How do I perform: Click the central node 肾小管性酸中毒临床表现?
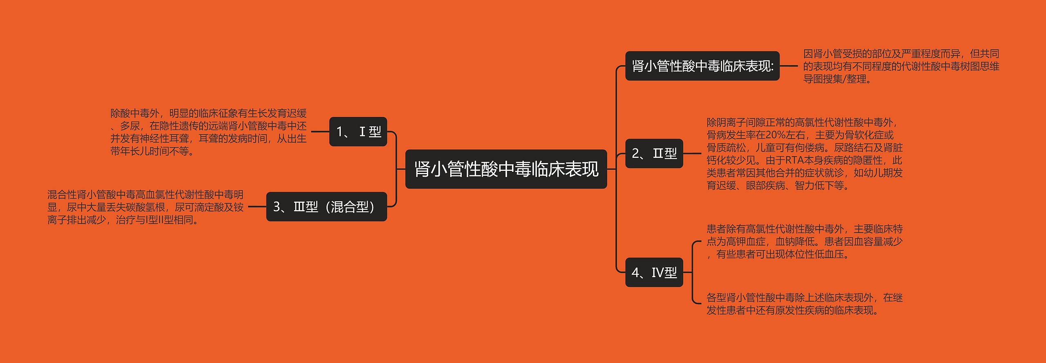pos(506,169)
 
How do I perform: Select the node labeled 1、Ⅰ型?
pos(358,132)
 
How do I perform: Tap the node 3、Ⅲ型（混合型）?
pos(326,207)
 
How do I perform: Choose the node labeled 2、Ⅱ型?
pos(654,153)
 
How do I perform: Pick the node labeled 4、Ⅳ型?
pos(654,272)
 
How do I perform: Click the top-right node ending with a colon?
pos(702,66)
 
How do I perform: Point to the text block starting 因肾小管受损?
pos(901,66)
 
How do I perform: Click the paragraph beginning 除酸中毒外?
pos(208,132)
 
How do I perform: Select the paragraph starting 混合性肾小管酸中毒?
pos(145,207)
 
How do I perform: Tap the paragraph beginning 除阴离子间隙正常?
pos(804,154)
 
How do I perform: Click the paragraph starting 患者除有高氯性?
pos(804,242)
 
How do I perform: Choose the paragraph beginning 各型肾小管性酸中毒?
pos(804,304)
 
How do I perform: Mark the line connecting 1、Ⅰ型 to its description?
pos(320,132)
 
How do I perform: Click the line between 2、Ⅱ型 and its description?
pos(692,153)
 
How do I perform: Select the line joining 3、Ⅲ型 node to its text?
pos(257,207)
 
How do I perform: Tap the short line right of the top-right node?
pos(789,66)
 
